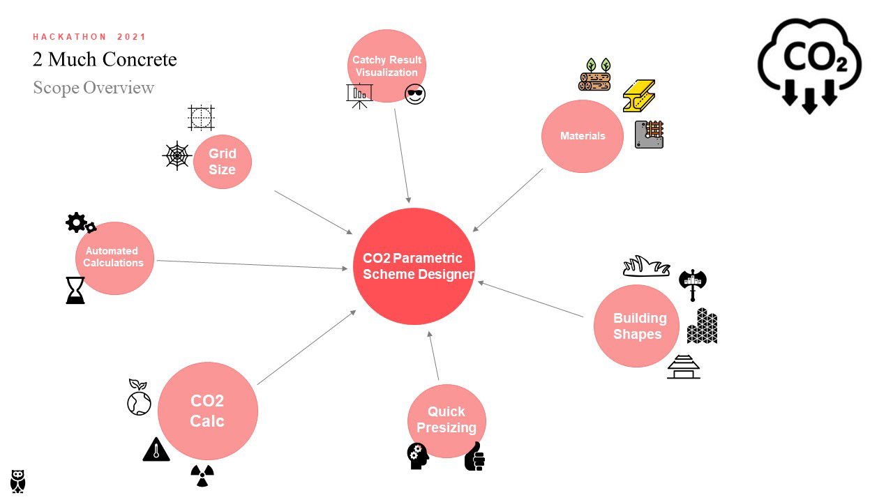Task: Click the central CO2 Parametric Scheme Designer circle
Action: pos(414,266)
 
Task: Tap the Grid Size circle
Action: pos(222,162)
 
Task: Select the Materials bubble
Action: pos(583,136)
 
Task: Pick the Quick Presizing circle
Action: pos(446,420)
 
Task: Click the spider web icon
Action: pos(177,155)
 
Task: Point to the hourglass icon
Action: pos(75,290)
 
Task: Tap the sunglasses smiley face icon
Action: pos(415,94)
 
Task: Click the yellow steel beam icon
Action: pos(638,96)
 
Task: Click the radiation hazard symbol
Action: pos(202,476)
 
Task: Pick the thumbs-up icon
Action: pos(474,456)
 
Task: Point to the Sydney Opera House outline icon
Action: pos(646,266)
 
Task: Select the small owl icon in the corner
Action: pos(18,481)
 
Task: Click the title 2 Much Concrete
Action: pos(105,59)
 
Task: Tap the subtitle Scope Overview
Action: pos(93,88)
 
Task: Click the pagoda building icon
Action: pos(684,367)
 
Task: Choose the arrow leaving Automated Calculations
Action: pos(251,264)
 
